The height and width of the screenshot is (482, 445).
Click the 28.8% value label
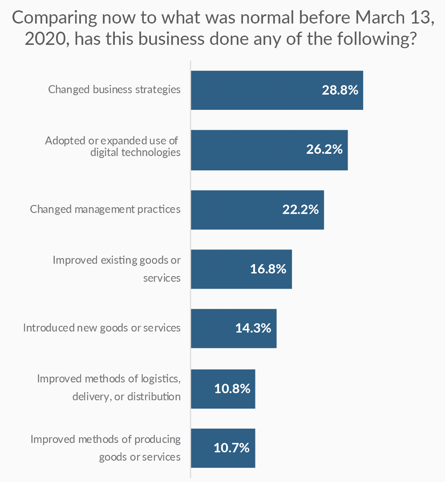(x=340, y=90)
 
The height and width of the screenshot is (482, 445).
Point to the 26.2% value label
(x=324, y=149)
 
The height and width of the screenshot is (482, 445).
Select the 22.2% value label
(x=300, y=209)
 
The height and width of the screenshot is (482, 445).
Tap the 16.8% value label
(x=268, y=269)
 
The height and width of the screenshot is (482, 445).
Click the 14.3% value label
(x=253, y=329)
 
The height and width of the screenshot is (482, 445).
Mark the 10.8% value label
(x=232, y=389)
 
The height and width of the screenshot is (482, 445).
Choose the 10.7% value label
(x=231, y=448)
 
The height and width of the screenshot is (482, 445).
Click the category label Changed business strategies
(x=114, y=89)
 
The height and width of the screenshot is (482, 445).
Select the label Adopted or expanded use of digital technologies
(x=113, y=146)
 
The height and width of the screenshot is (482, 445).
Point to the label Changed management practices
(x=105, y=209)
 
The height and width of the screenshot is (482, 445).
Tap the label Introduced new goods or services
(x=102, y=328)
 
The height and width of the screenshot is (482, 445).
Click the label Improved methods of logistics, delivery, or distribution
(x=109, y=387)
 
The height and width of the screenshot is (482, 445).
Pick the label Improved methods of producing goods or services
(x=106, y=448)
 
